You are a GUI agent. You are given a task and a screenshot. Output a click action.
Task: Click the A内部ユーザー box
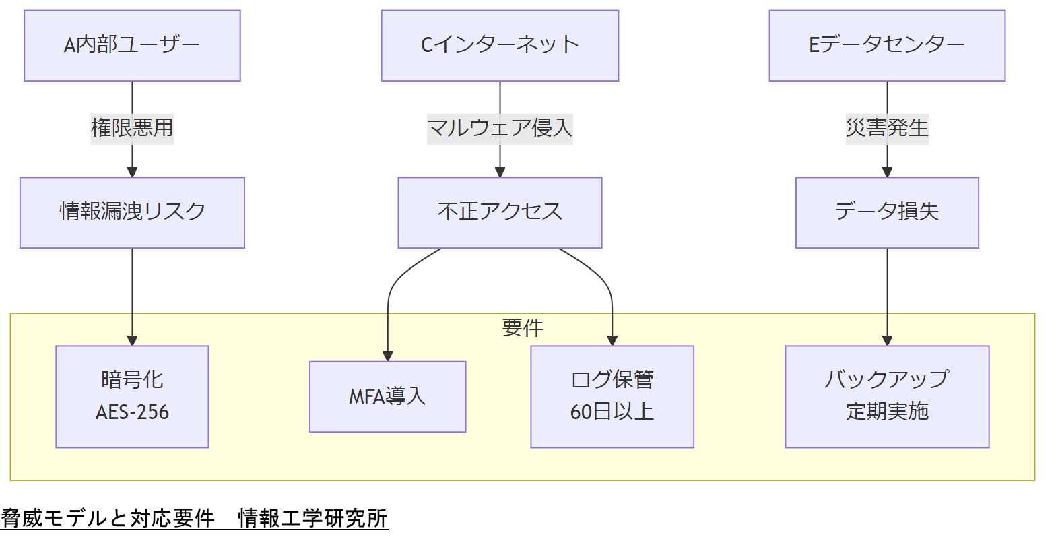point(132,46)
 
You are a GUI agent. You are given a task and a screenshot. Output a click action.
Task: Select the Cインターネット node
point(500,46)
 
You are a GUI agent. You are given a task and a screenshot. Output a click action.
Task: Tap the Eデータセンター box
point(887,46)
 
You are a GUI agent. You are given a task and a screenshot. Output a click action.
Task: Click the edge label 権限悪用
point(132,128)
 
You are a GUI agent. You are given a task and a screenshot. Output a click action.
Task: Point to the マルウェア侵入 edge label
point(500,128)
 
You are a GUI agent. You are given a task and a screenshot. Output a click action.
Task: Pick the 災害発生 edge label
point(887,128)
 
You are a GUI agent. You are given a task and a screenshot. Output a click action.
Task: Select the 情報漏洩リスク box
point(132,212)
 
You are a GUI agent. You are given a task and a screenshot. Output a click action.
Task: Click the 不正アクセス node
point(500,212)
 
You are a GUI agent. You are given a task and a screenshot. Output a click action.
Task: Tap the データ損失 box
point(887,212)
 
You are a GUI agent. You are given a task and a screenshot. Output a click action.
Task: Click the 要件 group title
point(522,328)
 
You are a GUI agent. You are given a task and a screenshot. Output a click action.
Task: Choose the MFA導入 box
point(387,397)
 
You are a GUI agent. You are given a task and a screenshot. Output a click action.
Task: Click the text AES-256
point(132,412)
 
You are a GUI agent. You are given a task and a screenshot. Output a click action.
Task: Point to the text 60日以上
point(612,412)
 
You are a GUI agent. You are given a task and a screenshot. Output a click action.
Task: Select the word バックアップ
point(887,379)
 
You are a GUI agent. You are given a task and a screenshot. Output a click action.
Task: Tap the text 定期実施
point(887,412)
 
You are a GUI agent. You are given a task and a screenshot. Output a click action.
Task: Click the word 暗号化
point(132,380)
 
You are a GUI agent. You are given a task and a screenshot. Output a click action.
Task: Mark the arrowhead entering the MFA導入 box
point(388,356)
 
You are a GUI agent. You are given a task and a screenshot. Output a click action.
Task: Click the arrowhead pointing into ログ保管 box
point(612,340)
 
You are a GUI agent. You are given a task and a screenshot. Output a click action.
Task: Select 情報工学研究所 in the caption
point(312,519)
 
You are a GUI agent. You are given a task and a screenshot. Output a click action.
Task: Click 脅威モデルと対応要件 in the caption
point(108,519)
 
